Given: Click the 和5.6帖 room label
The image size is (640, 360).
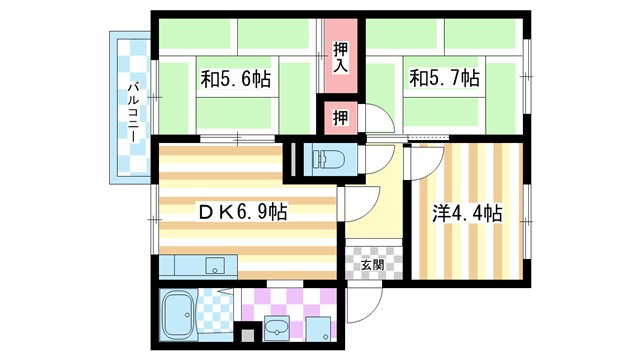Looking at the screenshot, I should [x=236, y=77].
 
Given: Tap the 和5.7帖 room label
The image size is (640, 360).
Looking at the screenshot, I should [x=443, y=77].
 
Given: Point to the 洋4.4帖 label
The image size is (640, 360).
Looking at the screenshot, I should [x=467, y=213].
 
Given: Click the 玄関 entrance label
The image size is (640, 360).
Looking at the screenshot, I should [x=372, y=265].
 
